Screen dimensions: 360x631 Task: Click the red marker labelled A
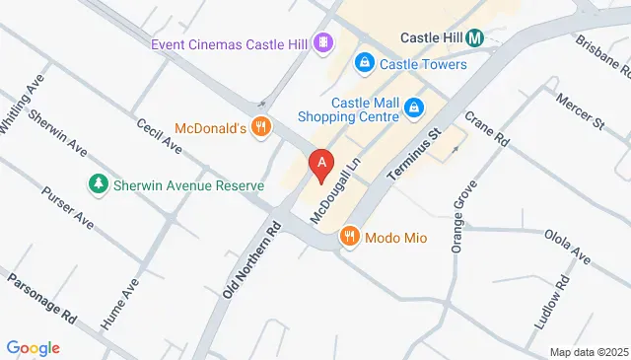[320, 165]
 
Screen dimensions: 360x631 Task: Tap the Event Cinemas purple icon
[322, 42]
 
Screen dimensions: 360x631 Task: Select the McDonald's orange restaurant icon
[260, 126]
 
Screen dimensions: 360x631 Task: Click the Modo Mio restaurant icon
[349, 237]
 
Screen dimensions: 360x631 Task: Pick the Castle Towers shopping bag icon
[365, 64]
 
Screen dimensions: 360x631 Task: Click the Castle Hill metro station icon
[475, 38]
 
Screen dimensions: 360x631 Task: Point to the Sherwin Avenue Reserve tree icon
[98, 184]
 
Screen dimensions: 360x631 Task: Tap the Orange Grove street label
[459, 217]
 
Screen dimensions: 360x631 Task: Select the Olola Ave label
[567, 246]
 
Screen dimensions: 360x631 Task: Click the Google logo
[34, 347]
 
